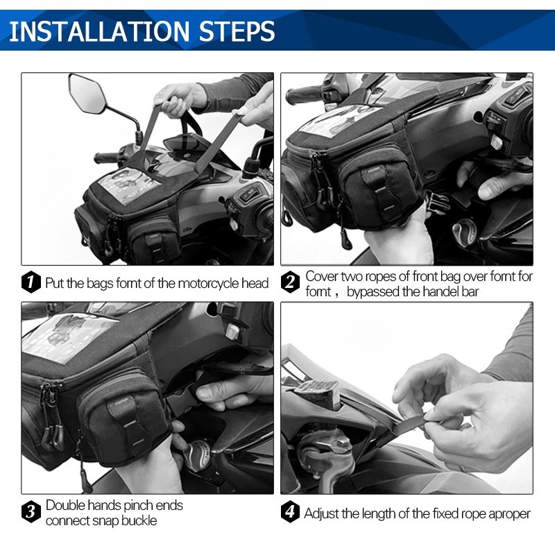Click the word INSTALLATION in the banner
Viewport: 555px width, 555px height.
(99, 31)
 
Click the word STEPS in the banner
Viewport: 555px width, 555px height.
(237, 31)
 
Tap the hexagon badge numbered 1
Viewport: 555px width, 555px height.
(31, 282)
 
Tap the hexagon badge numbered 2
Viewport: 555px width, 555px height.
(290, 282)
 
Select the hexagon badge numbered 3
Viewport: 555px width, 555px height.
(31, 511)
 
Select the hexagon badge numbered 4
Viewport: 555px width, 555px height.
(290, 511)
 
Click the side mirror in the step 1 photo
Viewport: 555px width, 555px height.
(87, 94)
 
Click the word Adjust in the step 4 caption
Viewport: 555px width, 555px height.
(321, 513)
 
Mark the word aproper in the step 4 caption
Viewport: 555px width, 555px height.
(509, 514)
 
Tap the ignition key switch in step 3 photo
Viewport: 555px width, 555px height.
(196, 456)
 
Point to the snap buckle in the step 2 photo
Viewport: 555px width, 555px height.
(437, 203)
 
